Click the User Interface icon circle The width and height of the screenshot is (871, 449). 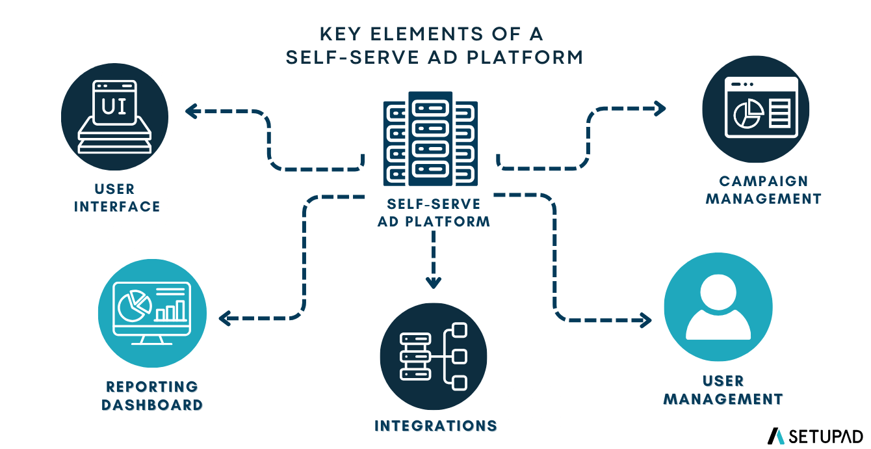[x=114, y=117]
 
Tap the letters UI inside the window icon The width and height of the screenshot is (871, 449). [x=114, y=106]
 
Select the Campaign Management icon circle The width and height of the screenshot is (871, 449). [x=755, y=109]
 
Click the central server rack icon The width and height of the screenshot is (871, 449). [x=430, y=139]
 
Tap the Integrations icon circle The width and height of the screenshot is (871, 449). [x=434, y=357]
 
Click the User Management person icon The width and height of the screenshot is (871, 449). [x=718, y=307]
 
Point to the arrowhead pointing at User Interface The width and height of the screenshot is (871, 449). [x=192, y=111]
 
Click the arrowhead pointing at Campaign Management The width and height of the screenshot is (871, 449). [x=660, y=109]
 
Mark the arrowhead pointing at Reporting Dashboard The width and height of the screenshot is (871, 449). [x=226, y=319]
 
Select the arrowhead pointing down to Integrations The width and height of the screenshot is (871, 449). [x=434, y=282]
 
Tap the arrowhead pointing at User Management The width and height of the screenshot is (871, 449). [x=645, y=321]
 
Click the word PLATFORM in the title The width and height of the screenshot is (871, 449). [x=525, y=58]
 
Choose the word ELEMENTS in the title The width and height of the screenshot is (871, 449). [x=426, y=34]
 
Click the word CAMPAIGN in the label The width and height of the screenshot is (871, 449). [x=764, y=181]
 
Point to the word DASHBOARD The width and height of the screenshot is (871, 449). [x=152, y=405]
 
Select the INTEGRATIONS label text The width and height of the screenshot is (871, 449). [x=436, y=426]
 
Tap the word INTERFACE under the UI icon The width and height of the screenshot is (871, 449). [x=117, y=206]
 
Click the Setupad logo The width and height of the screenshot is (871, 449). [x=815, y=437]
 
